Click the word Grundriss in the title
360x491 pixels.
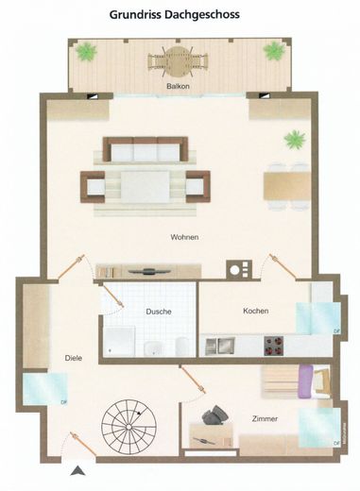[x=140, y=15]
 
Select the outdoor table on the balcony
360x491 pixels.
[x=173, y=64]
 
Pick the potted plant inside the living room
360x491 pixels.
[x=295, y=140]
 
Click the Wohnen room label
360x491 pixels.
[x=184, y=236]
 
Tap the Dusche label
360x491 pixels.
[x=159, y=312]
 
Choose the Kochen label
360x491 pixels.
[x=256, y=311]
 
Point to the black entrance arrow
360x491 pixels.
[x=77, y=469]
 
